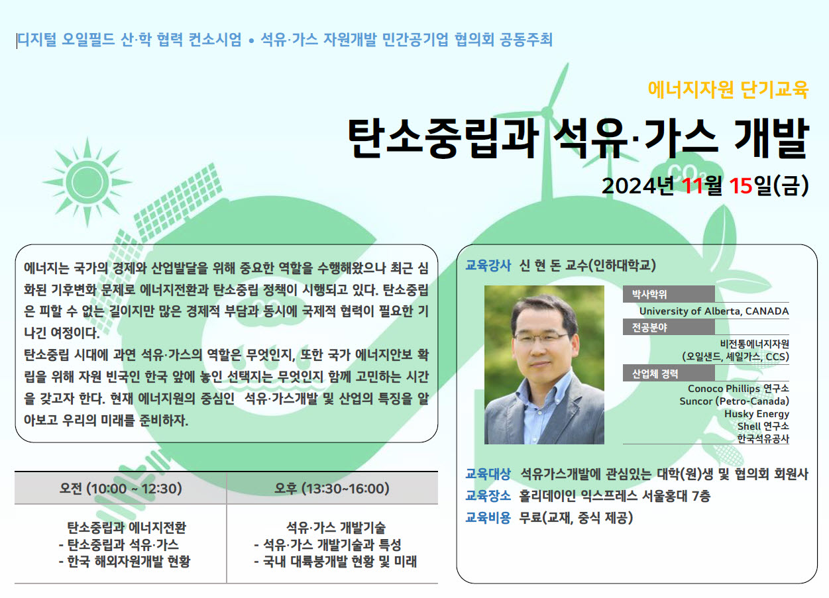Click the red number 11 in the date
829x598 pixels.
point(692,185)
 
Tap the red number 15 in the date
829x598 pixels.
point(741,185)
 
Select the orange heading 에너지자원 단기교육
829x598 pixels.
point(728,89)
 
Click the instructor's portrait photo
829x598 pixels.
point(544,365)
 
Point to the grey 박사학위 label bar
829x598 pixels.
point(669,295)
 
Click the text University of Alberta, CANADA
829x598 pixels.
point(714,311)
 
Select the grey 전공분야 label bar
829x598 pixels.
point(669,327)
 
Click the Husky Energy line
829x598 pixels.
point(757,414)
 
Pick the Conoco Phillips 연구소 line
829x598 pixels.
point(738,389)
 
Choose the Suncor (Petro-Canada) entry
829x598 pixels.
point(734,401)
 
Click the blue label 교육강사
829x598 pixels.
point(488,265)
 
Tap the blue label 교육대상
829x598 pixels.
point(488,473)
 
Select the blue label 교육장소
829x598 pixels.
point(488,495)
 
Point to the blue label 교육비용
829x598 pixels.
point(488,517)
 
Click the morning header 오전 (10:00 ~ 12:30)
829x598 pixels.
point(121,489)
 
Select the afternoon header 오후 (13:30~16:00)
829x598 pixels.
point(331,489)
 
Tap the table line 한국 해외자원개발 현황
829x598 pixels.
point(125,562)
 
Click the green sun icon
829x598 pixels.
point(87,182)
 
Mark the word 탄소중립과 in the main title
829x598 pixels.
point(443,138)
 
